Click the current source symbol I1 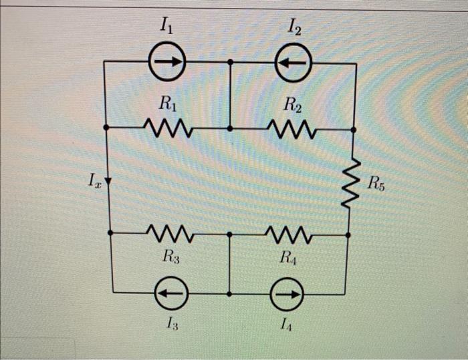coord(167,61)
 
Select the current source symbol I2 coord(293,61)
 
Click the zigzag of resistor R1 coord(168,127)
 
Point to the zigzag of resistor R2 coord(292,127)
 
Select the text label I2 coord(294,28)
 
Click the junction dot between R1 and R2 coord(230,127)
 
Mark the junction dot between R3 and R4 coord(229,234)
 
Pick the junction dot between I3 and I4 coord(229,293)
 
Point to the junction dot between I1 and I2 coord(230,61)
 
